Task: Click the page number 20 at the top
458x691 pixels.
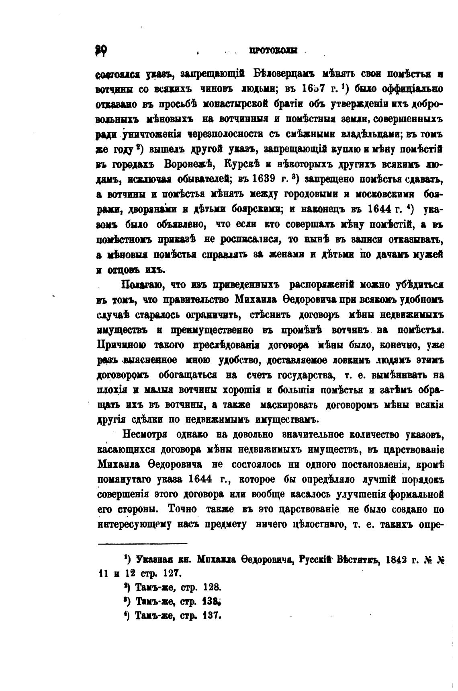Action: pyautogui.click(x=101, y=50)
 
